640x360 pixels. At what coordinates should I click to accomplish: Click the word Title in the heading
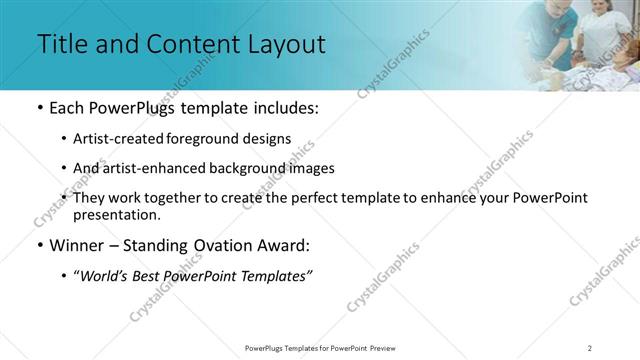[x=62, y=45]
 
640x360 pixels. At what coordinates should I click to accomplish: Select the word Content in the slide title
[x=184, y=45]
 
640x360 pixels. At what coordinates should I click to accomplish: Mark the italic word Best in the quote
[x=155, y=275]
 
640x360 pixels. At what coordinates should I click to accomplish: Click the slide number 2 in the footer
[x=589, y=348]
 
